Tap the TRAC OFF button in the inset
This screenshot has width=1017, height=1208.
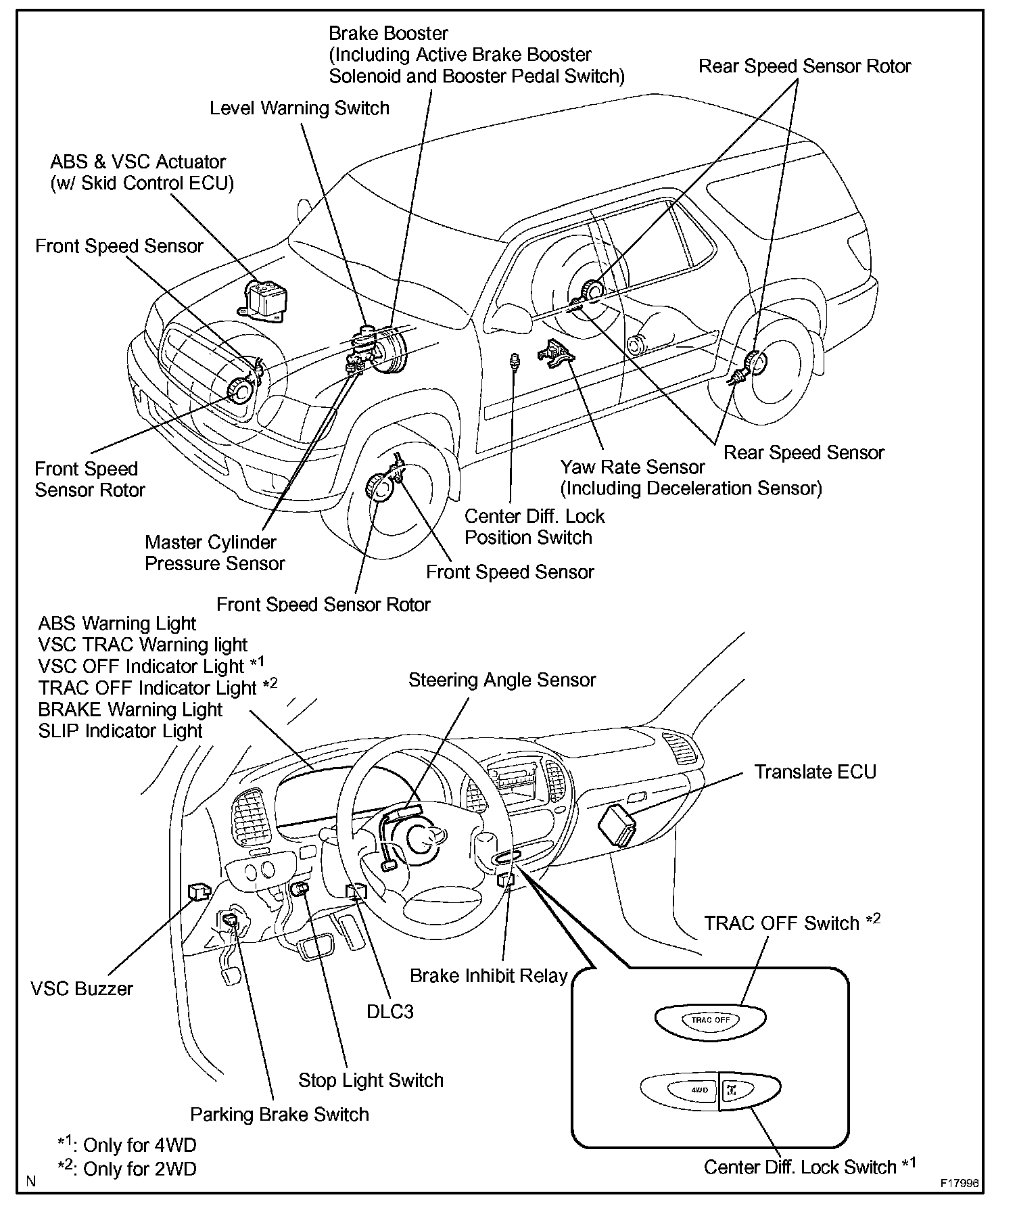[710, 1019]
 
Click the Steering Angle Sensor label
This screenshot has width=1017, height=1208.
[502, 680]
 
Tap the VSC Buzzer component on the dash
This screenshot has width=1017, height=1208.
[198, 892]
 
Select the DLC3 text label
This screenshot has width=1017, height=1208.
[389, 1012]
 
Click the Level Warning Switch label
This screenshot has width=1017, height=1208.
[300, 108]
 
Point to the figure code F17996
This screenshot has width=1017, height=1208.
[959, 1184]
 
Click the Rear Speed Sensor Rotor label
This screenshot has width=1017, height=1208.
[805, 66]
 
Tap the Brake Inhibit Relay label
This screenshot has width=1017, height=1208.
[488, 976]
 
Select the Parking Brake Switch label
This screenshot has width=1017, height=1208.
[279, 1114]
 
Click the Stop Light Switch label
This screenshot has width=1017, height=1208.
[371, 1080]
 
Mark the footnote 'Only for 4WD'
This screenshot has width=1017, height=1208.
[128, 1144]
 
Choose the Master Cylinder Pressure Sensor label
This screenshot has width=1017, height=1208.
[214, 553]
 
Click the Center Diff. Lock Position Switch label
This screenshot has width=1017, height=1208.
[534, 526]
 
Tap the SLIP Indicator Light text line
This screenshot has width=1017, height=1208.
[120, 731]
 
